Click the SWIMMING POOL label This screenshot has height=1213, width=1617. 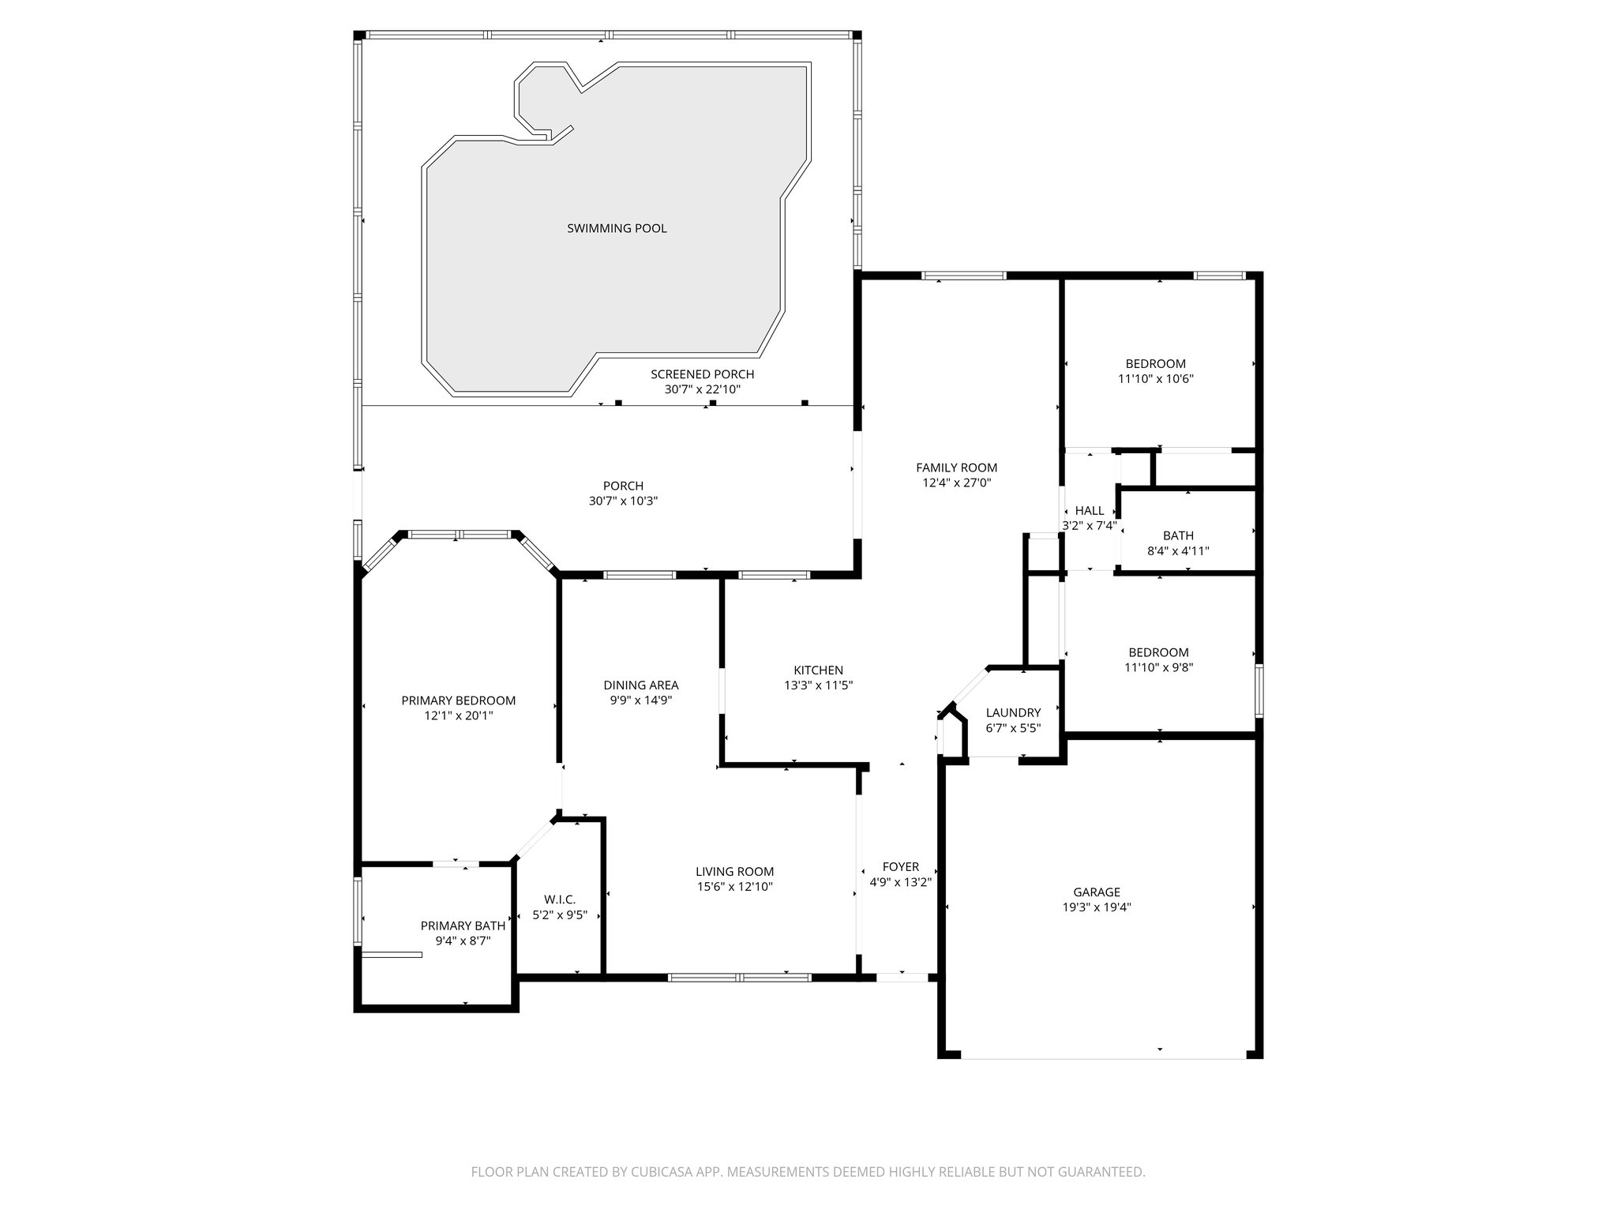click(617, 228)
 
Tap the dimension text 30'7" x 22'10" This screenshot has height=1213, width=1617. click(702, 389)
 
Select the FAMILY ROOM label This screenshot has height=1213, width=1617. click(956, 468)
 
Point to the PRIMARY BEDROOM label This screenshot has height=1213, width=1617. click(458, 700)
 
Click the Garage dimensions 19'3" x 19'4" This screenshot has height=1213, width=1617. click(1097, 907)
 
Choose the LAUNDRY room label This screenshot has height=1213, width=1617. click(1013, 712)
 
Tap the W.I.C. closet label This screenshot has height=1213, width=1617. click(560, 899)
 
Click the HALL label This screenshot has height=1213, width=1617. click(1090, 511)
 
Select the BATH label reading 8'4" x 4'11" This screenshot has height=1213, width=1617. click(1178, 535)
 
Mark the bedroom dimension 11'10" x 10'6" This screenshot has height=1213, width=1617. click(1155, 379)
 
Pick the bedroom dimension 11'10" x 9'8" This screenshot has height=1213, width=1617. click(1158, 667)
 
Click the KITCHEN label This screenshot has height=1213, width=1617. click(818, 670)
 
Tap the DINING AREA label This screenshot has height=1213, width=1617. click(640, 685)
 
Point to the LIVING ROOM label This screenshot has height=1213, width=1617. click(734, 871)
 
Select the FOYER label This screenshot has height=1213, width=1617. click(900, 866)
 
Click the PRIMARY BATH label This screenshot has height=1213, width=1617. click(463, 926)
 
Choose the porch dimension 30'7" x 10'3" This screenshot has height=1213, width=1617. click(623, 501)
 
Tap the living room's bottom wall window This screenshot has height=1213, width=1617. click(739, 977)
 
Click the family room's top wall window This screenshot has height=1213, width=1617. click(963, 276)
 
